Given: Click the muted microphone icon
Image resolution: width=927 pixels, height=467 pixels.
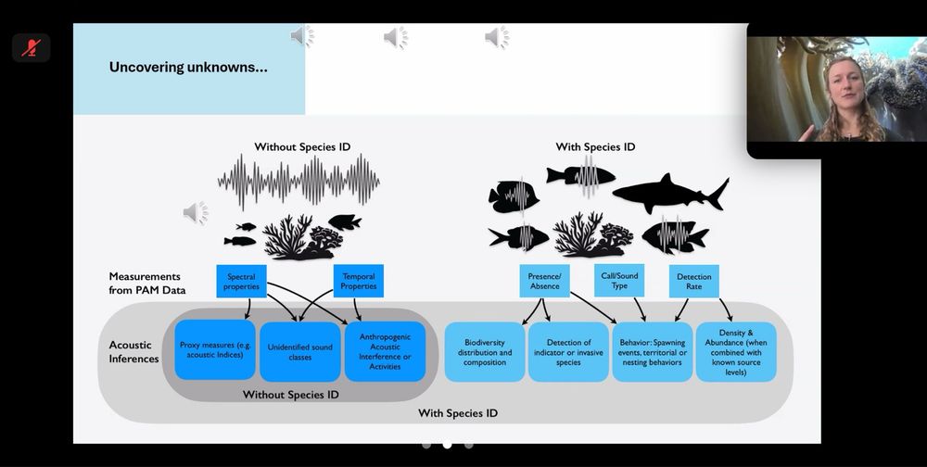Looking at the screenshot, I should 31,47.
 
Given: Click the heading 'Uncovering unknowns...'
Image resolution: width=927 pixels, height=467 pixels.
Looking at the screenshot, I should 188,67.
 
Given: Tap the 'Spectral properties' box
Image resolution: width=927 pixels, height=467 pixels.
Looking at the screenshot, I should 241,282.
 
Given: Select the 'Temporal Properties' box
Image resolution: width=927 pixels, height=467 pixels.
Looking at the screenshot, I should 359,282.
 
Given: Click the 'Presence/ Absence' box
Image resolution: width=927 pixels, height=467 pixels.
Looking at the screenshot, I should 544,281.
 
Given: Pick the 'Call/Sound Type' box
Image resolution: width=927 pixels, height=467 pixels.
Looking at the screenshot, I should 619,281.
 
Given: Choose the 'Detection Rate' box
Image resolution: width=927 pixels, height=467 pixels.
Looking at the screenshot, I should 694,282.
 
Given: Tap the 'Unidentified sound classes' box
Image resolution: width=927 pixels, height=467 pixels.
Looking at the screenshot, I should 299,351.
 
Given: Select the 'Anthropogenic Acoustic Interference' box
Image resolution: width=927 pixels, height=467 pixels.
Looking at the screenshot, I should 385,351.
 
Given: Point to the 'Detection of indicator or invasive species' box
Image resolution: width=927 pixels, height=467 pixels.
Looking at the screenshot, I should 568,352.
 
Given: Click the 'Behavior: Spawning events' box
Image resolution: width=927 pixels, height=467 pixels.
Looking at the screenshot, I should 652,352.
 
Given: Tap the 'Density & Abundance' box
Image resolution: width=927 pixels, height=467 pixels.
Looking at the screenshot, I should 735,352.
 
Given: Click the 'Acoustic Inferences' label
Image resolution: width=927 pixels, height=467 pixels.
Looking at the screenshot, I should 133,352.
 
